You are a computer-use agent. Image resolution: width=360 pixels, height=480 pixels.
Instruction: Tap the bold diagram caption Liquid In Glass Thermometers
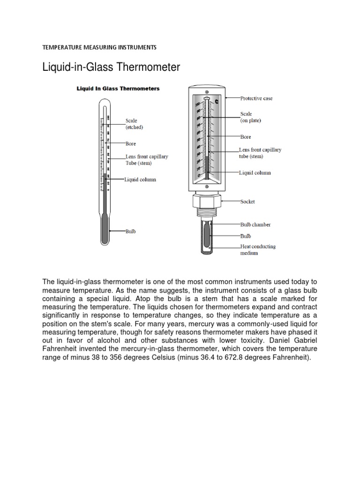tap(118, 88)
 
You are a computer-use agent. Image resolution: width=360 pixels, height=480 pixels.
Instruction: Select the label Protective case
tap(256, 98)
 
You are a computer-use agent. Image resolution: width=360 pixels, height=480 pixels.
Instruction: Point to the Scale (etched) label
tap(134, 124)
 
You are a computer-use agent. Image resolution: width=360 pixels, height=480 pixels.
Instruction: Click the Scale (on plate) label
tap(250, 117)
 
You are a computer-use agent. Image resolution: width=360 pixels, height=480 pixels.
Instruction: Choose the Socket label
tap(247, 202)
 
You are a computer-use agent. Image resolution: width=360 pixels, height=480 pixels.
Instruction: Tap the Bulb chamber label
tap(255, 225)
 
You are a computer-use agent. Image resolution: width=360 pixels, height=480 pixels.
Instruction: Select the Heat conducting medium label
tap(258, 249)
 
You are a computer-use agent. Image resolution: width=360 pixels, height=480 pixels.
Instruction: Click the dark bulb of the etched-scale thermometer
tap(105, 229)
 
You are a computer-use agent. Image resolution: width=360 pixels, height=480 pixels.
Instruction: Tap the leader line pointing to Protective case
tap(232, 98)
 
